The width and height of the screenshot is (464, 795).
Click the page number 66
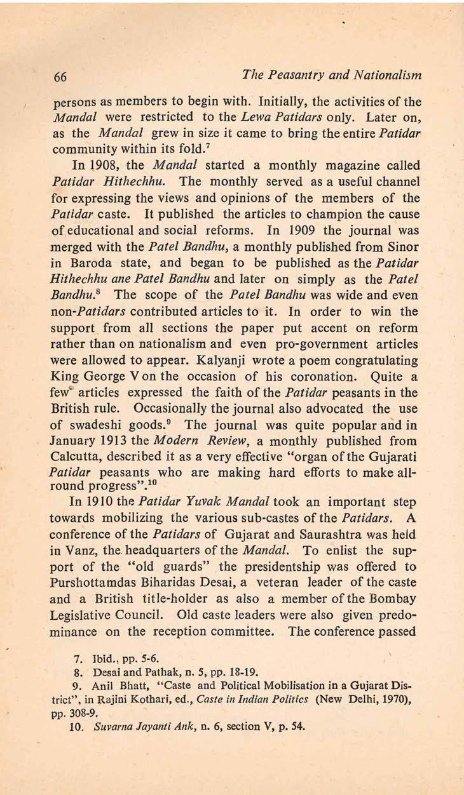pos(61,77)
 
